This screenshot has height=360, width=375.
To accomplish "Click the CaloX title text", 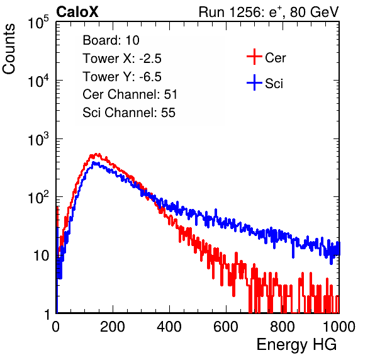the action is click(x=77, y=12).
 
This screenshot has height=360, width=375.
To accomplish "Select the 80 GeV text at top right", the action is click(x=314, y=12).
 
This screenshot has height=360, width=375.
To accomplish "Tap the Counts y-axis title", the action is click(x=9, y=49).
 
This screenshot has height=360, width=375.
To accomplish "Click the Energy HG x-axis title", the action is click(x=296, y=345).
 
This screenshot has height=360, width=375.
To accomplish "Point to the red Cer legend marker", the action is click(x=254, y=57).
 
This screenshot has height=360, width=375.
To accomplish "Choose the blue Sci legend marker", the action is click(x=254, y=82).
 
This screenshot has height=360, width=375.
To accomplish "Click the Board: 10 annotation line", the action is click(x=111, y=40).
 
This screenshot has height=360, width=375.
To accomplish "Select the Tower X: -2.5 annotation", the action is click(x=122, y=59).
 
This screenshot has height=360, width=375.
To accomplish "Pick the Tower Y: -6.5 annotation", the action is click(x=122, y=77).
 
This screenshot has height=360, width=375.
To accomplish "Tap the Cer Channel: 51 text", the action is click(x=130, y=94).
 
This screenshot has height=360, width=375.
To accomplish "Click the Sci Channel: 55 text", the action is click(x=129, y=113).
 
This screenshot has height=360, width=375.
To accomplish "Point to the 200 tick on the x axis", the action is click(x=113, y=327).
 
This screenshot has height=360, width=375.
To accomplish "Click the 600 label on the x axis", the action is click(x=226, y=327).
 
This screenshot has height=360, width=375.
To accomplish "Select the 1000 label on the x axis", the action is click(x=339, y=327).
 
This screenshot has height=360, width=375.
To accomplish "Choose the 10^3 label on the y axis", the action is click(x=38, y=139).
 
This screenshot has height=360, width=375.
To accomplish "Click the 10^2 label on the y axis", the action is click(x=38, y=198).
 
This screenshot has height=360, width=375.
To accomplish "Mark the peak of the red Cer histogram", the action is click(x=96, y=154).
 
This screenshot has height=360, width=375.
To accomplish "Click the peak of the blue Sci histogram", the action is click(x=94, y=162).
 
